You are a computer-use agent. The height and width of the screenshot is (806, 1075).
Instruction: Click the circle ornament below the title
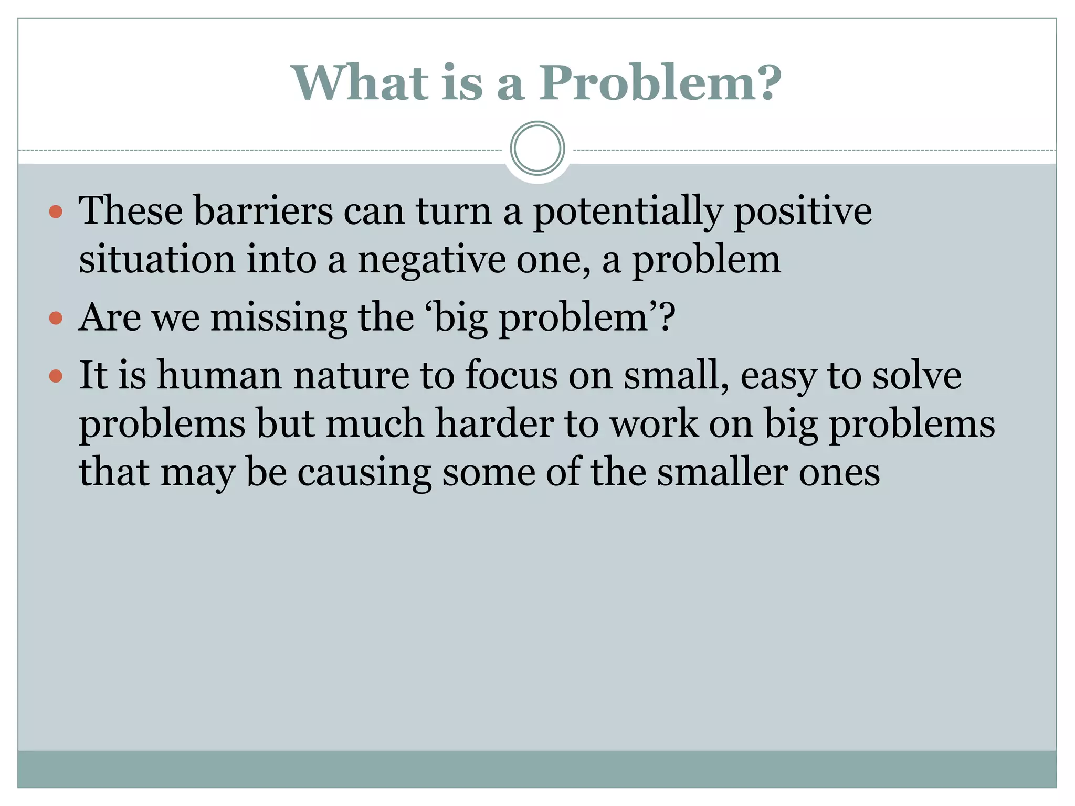coord(537,149)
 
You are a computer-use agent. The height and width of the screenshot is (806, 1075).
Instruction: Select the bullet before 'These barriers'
coord(56,212)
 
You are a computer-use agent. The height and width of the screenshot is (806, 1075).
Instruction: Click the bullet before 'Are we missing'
coord(56,319)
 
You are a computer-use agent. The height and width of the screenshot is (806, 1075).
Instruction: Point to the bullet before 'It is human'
coord(56,376)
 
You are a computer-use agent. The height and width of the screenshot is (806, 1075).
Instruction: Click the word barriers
coord(263,211)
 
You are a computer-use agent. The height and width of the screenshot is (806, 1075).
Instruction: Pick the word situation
coord(157,260)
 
